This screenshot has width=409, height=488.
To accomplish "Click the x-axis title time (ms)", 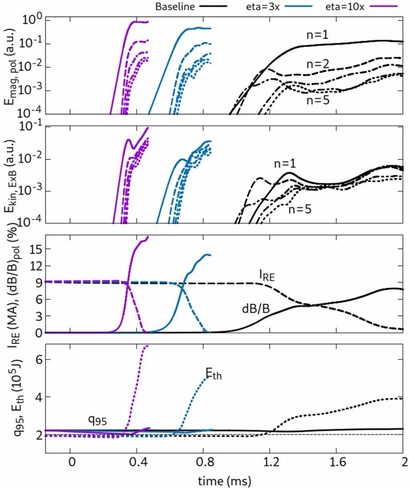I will click(224, 480).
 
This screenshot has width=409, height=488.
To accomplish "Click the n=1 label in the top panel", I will click(317, 35).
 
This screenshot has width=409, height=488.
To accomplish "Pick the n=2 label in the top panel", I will click(318, 64).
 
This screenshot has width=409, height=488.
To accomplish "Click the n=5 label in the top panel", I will click(318, 100).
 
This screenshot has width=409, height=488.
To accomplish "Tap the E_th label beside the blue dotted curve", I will click(213, 373).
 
